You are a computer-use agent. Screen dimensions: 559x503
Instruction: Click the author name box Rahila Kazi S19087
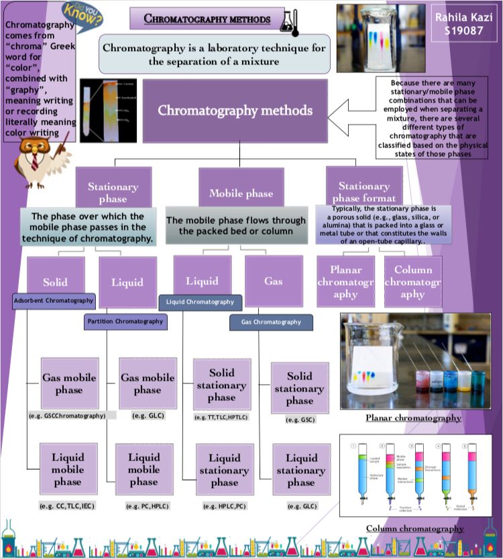pos(459,23)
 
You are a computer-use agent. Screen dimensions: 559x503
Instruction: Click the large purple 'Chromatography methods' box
pos(235,111)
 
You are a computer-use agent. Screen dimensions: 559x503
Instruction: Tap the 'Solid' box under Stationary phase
pos(56,282)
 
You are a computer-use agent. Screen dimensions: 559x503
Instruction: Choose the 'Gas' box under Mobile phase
pos(273,281)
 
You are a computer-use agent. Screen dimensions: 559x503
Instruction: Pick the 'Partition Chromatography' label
pos(125,322)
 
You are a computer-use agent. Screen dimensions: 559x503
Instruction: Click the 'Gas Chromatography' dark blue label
pos(271,322)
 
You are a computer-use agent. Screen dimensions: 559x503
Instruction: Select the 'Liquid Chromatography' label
pos(201,302)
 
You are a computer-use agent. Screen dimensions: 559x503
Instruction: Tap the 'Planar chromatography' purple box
pos(345,282)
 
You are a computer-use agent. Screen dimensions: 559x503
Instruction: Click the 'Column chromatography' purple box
pos(412,282)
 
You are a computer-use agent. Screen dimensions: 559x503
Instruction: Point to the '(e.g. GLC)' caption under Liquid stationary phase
pos(302,506)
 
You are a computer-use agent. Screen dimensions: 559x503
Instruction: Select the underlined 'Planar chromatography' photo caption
pos(413,418)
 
